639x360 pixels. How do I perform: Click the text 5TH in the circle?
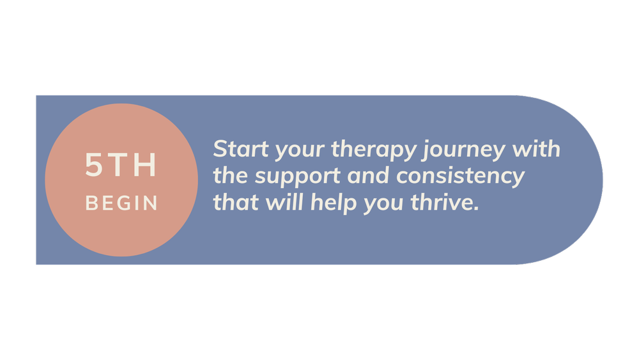[x=121, y=166]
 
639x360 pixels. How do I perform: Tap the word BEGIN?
[x=121, y=203]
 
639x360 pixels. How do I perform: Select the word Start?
[x=238, y=150]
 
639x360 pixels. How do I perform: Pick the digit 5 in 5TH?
[x=94, y=166]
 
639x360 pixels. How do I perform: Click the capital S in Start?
[x=220, y=150]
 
